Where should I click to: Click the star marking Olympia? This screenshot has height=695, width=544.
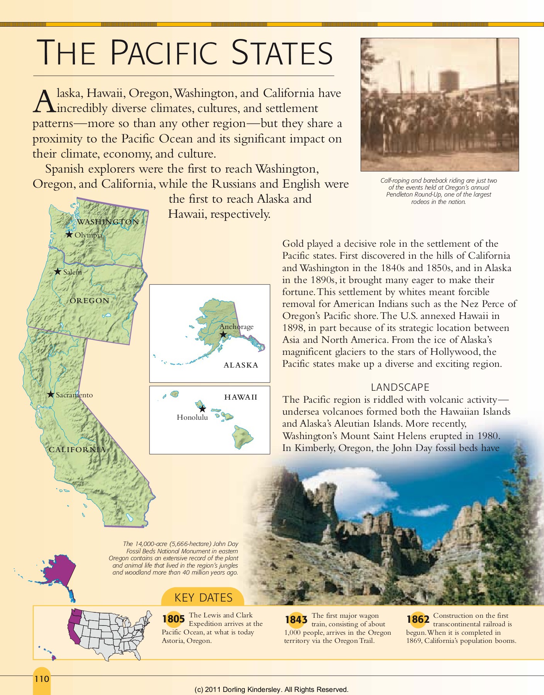pyautogui.click(x=69, y=234)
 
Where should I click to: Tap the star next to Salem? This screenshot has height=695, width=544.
pyautogui.click(x=58, y=271)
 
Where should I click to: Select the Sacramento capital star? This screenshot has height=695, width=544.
pyautogui.click(x=51, y=394)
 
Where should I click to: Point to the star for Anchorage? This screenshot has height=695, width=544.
pyautogui.click(x=223, y=334)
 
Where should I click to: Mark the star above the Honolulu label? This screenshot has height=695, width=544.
pyautogui.click(x=202, y=409)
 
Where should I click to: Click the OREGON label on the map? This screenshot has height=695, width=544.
pyautogui.click(x=90, y=300)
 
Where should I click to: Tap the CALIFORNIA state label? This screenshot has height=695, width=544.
pyautogui.click(x=77, y=449)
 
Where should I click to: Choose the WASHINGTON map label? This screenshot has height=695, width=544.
pyautogui.click(x=108, y=222)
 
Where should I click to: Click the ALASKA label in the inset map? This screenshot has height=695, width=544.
pyautogui.click(x=241, y=365)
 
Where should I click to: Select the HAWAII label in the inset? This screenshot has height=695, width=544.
pyautogui.click(x=241, y=397)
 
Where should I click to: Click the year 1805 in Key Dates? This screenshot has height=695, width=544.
pyautogui.click(x=173, y=619)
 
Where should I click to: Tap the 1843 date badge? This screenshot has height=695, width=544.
pyautogui.click(x=296, y=619)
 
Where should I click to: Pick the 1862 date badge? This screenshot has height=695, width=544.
pyautogui.click(x=418, y=619)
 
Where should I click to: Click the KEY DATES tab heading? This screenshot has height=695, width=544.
pyautogui.click(x=203, y=598)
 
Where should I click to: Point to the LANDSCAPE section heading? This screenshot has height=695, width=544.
pyautogui.click(x=400, y=387)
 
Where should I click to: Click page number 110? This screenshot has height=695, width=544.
pyautogui.click(x=42, y=679)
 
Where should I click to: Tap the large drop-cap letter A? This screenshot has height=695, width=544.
pyautogui.click(x=44, y=102)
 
